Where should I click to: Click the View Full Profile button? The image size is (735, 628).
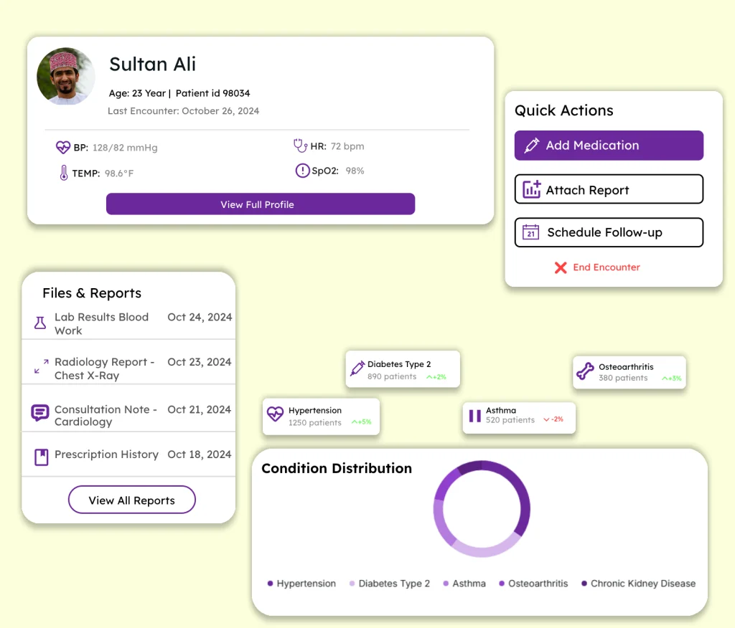260,204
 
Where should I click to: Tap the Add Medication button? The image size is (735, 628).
609,146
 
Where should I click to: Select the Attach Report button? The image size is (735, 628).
609,189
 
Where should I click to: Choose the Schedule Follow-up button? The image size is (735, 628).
609,232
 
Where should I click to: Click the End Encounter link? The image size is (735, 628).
606,267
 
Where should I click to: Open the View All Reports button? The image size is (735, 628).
131,500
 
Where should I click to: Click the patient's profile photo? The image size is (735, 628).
66,77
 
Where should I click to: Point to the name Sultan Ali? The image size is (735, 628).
152,64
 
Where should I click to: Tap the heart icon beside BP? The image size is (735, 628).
63,148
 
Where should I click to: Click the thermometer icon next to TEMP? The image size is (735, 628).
63,173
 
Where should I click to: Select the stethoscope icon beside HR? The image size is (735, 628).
301,146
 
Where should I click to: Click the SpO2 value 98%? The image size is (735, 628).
355,171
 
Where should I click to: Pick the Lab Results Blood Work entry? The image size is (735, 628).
101,323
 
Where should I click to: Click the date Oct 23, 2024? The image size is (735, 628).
199,362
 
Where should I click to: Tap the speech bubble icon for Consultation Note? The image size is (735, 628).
40,413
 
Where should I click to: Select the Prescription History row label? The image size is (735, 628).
106,455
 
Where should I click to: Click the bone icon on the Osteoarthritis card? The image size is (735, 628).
585,371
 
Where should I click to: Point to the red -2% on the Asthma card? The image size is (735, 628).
553,419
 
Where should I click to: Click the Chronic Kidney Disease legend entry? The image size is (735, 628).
642,584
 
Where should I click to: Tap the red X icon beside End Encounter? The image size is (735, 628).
561,267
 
